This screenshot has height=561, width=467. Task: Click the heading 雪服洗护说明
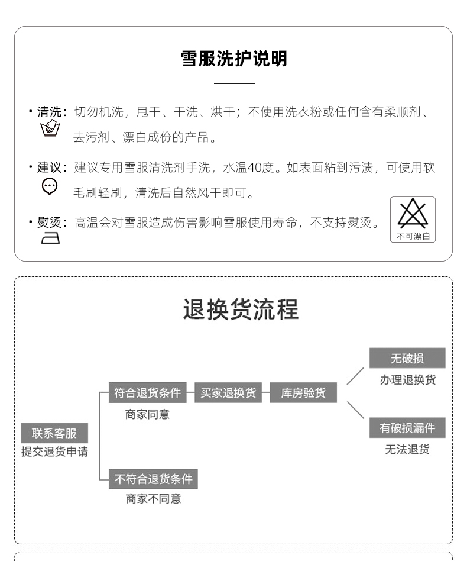(234, 59)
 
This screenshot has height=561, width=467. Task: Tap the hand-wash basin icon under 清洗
(50, 129)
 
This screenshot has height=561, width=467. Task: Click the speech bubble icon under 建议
(50, 186)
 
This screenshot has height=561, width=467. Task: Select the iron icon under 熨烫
(50, 238)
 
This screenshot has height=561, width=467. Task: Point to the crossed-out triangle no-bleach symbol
(413, 214)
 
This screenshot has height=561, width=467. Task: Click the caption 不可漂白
(413, 236)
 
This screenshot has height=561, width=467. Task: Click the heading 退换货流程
(241, 309)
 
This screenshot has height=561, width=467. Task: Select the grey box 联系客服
(54, 433)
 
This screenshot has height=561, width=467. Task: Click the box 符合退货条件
(147, 393)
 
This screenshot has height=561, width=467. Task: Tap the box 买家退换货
(228, 393)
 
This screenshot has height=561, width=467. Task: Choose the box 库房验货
(303, 393)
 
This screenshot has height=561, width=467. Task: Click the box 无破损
(407, 359)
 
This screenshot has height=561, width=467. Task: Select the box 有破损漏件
(407, 428)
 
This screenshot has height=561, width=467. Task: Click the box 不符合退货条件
(153, 479)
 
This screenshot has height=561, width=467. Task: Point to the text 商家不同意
(153, 499)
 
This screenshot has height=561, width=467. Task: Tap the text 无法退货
(407, 450)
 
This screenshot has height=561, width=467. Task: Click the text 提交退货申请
(54, 452)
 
